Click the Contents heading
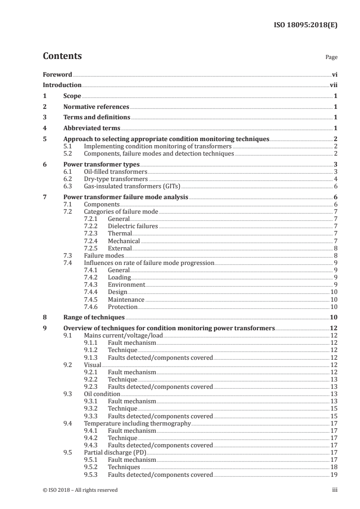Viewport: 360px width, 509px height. (62, 56)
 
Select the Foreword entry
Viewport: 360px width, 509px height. (57, 74)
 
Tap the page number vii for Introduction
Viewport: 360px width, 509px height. (333, 85)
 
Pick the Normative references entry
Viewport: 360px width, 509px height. (96, 107)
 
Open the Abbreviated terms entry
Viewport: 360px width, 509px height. (92, 128)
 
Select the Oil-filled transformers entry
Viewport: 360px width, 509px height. (116, 172)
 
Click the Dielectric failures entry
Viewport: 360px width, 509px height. (133, 226)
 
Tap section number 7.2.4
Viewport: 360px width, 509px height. (92, 241)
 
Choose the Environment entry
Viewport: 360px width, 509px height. (126, 284)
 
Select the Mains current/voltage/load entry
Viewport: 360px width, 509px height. (123, 336)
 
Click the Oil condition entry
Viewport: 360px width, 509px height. (102, 394)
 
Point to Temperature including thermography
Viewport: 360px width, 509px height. (137, 423)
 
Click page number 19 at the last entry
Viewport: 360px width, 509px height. (334, 475)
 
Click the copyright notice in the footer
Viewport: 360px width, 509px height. (80, 490)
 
